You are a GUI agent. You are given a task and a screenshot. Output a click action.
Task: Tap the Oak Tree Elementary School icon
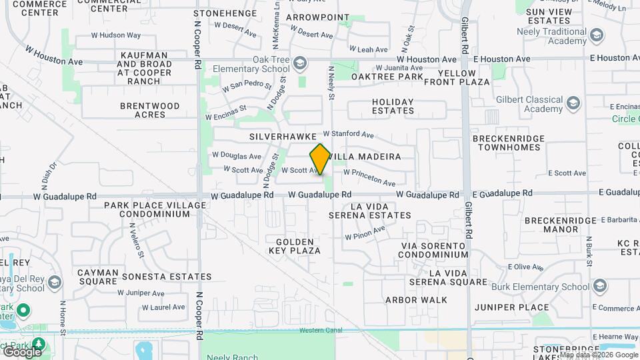300,63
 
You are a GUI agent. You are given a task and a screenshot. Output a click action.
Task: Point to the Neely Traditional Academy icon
597,35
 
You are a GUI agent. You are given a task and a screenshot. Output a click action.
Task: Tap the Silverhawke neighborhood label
283,136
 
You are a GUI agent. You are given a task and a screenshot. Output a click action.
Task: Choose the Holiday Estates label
393,107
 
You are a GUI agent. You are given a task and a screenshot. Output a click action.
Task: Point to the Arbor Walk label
416,300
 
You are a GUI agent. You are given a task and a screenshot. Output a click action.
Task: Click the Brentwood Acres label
150,110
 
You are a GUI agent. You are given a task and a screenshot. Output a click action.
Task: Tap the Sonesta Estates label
167,277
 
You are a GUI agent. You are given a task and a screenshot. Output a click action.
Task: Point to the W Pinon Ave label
365,233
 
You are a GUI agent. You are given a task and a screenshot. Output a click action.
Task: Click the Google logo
22,351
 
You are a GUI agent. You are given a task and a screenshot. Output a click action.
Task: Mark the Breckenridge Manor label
551,225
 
